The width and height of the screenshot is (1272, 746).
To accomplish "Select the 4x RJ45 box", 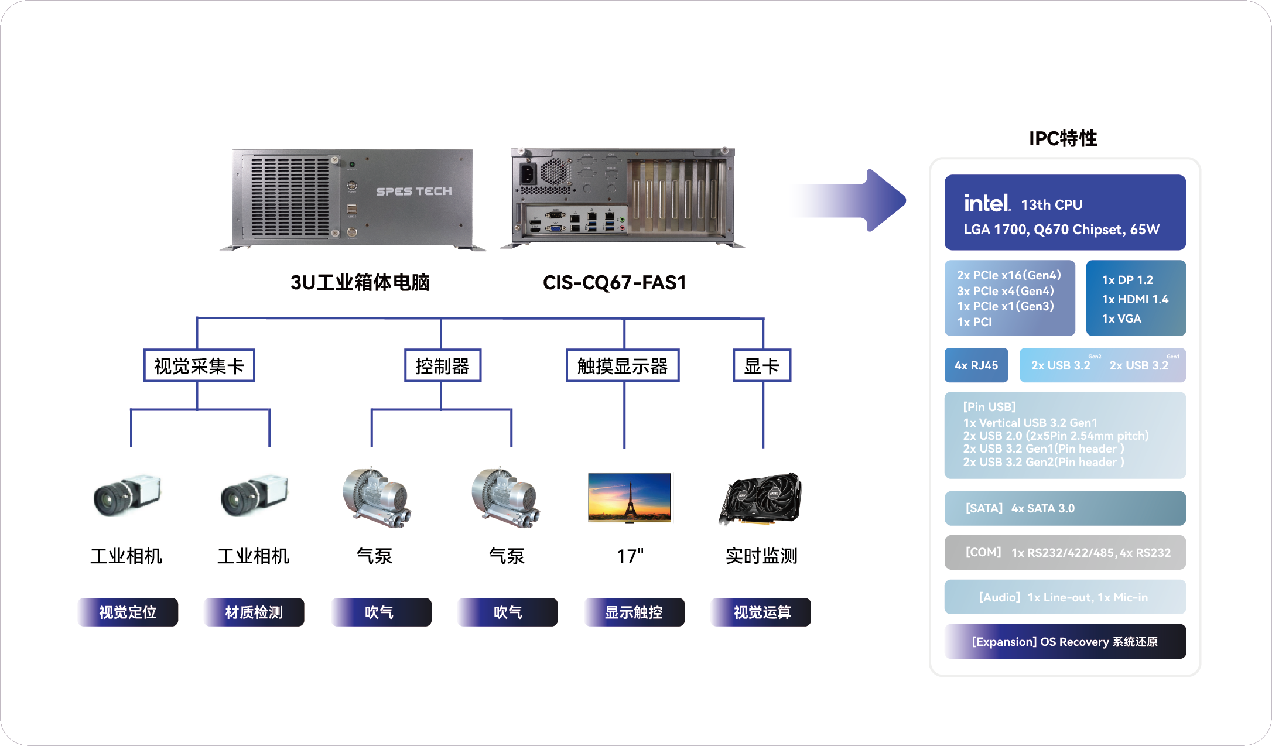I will click(x=976, y=365).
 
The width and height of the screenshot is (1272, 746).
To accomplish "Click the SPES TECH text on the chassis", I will click(x=413, y=191).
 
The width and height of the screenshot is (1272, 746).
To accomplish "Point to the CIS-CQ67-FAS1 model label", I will click(x=614, y=283).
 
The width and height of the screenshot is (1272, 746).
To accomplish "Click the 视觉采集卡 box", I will click(x=199, y=366).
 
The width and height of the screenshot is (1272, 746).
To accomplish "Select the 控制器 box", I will click(x=442, y=366).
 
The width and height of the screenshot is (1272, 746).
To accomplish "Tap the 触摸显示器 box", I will click(x=623, y=366).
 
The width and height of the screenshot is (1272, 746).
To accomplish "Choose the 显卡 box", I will click(x=762, y=366).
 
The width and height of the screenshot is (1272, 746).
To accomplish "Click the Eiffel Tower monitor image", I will click(x=630, y=497).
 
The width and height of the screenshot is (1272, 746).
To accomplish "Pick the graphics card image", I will click(x=761, y=498).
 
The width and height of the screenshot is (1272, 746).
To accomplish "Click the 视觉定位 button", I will click(x=128, y=612).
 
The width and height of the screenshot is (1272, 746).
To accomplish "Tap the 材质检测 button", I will click(x=254, y=612).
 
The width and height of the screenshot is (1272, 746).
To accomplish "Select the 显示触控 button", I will click(x=634, y=612).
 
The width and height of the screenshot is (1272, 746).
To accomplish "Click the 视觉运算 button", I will click(x=761, y=612).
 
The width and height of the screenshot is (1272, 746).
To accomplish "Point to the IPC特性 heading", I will click(x=1063, y=138).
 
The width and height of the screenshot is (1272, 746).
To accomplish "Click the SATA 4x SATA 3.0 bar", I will click(x=1065, y=508).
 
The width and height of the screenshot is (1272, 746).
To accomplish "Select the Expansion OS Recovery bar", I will click(x=1065, y=641).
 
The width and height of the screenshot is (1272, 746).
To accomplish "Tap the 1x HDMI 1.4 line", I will click(x=1134, y=299).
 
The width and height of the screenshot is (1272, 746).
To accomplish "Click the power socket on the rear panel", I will click(x=528, y=173).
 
